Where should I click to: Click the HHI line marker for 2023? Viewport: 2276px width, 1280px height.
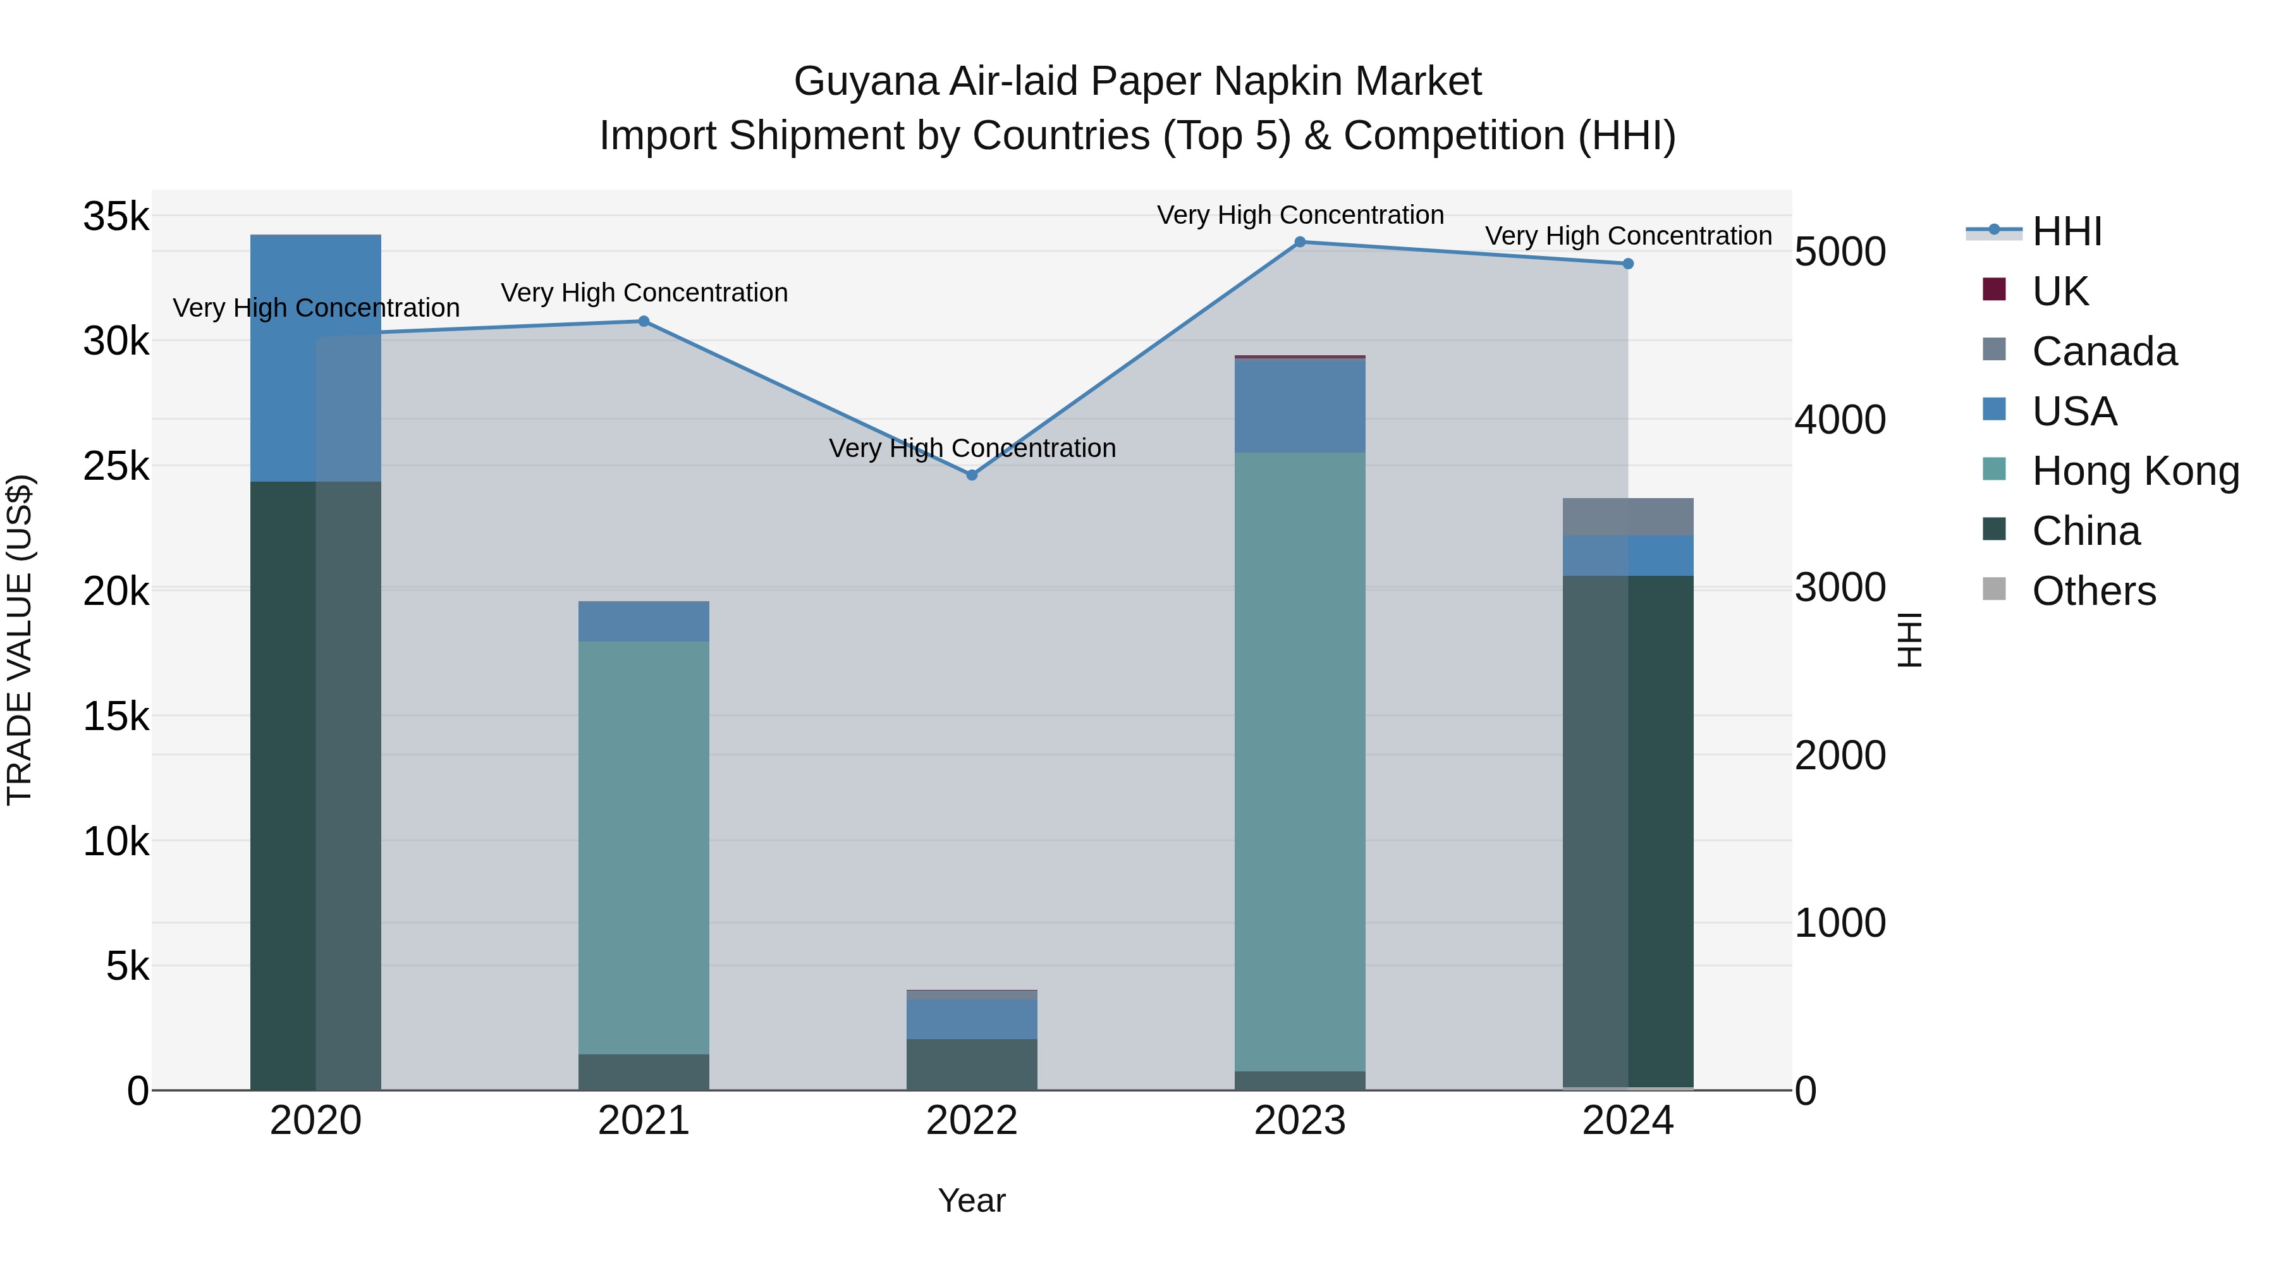point(1300,242)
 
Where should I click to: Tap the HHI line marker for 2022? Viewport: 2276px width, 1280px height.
point(972,475)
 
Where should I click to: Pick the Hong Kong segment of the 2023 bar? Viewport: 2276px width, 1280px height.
point(1300,760)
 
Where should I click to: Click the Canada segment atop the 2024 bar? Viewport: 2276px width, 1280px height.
point(1629,517)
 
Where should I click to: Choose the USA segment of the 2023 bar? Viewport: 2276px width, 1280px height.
point(1300,406)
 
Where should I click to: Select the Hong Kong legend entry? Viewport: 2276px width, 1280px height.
point(2134,471)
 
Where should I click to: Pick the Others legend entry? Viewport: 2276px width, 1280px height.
point(2093,591)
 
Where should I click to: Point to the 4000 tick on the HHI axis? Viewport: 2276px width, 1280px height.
point(1840,420)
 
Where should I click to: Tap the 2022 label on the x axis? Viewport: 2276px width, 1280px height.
point(972,1121)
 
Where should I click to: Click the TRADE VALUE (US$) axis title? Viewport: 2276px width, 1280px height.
point(20,640)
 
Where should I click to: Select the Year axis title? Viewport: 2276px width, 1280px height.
point(972,1200)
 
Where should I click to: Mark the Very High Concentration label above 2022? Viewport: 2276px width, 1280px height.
point(972,448)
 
